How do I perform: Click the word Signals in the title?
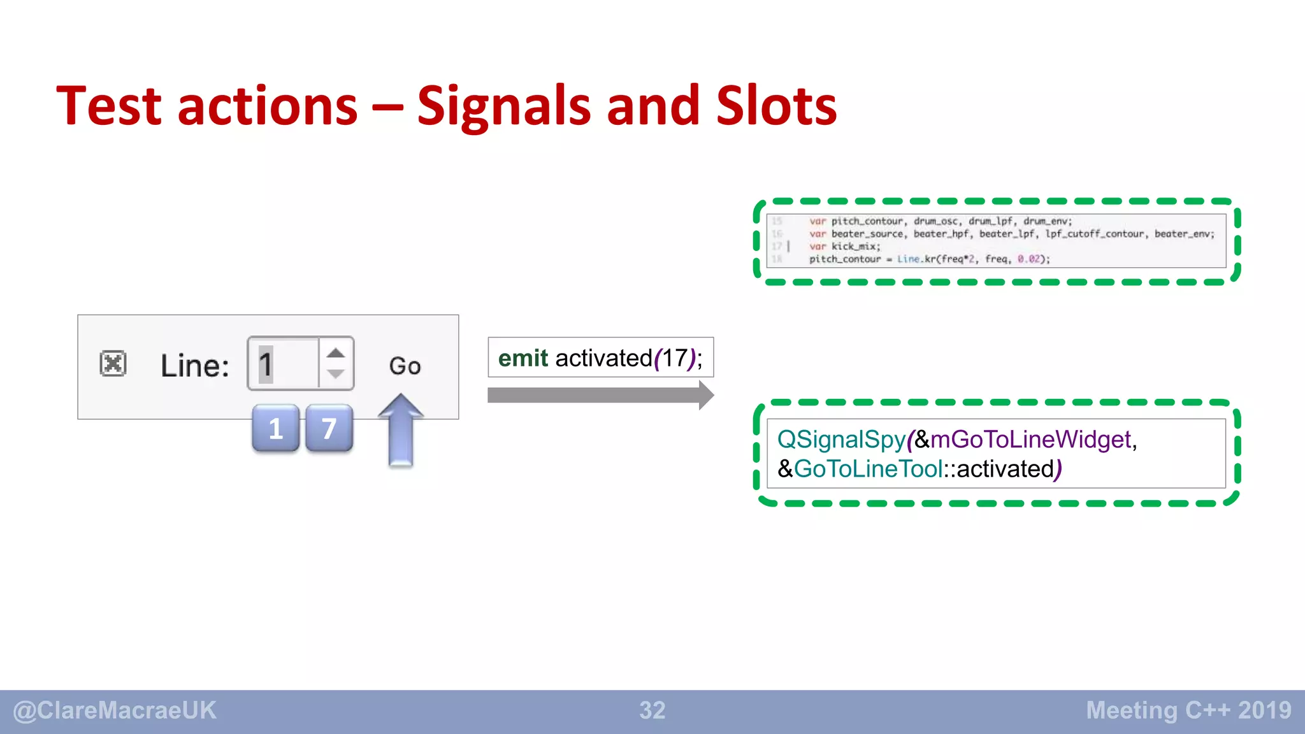coord(503,106)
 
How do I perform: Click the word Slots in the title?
coord(776,106)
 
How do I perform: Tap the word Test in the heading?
coord(109,106)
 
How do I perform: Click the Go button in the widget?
coord(405,366)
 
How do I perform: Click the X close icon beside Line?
coord(113,364)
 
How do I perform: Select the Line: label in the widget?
coord(194,366)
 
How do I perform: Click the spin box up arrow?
coord(336,353)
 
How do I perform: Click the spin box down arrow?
coord(336,375)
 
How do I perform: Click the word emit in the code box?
coord(523,358)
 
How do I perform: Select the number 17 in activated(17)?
coord(674,358)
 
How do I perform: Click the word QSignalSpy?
coord(841,440)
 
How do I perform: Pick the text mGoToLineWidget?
coord(1030,440)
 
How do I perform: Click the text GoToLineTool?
coord(868,469)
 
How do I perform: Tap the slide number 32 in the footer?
coord(652,710)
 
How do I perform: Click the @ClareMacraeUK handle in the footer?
coord(115,710)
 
